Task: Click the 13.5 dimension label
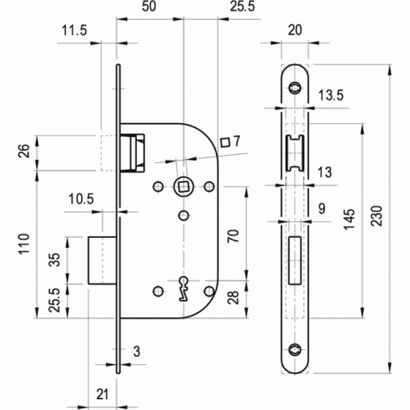point(331,96)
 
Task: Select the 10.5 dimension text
point(81,199)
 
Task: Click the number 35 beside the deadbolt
point(56,260)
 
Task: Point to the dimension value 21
point(102,394)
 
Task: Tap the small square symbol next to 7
point(223,143)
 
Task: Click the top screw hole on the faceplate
point(295,88)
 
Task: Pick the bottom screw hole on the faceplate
point(295,348)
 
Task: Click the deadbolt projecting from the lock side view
point(101,260)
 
